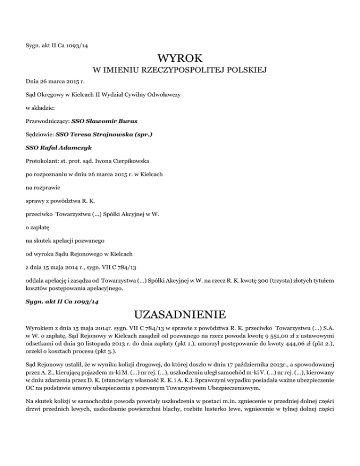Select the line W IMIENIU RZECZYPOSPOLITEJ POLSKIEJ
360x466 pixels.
(180, 71)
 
